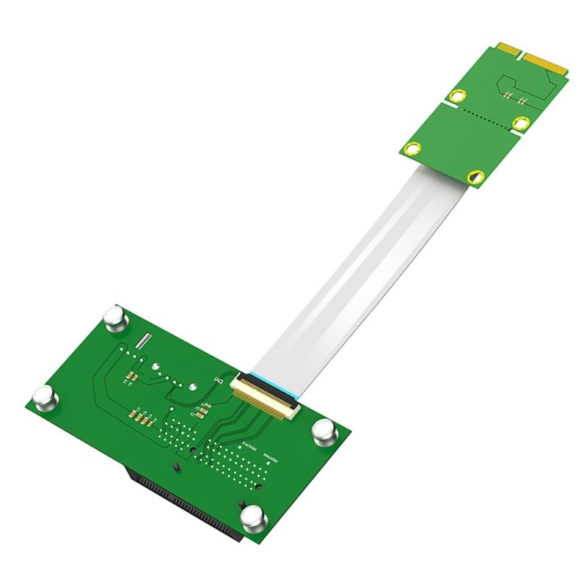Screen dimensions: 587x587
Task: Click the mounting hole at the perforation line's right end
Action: [x=522, y=123]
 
